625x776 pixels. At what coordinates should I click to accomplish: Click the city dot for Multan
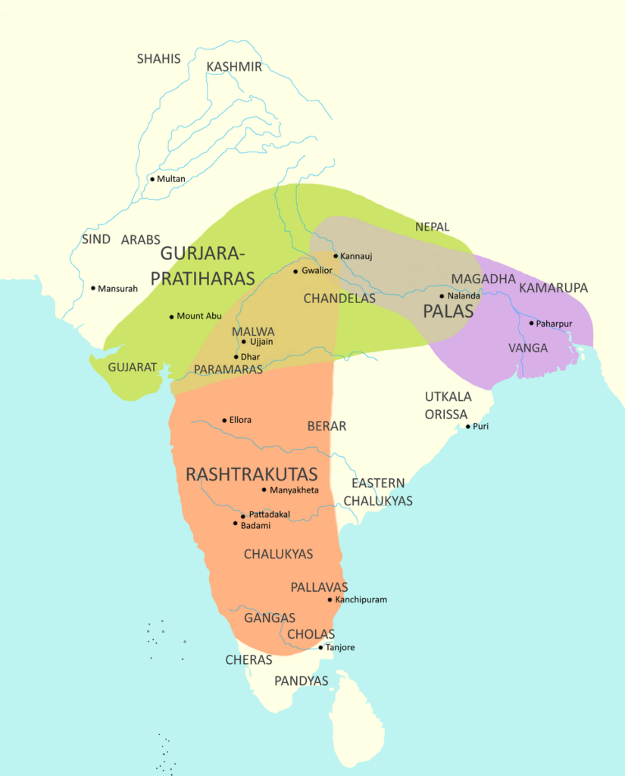pos(152,179)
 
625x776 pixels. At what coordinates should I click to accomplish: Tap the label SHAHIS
pos(159,58)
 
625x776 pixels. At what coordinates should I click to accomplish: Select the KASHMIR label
pos(234,67)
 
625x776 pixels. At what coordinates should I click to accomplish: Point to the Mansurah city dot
pos(93,288)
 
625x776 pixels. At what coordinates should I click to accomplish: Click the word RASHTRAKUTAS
pos(252,474)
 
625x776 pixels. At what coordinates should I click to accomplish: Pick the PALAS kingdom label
pos(448,311)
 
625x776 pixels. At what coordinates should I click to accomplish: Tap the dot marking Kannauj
pos(336,255)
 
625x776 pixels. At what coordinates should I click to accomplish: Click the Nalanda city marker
pos(442,296)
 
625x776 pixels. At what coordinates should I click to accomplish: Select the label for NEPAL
pos(432,227)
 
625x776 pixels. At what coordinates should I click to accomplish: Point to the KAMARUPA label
pos(553,288)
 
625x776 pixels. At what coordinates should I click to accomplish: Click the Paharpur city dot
pos(531,324)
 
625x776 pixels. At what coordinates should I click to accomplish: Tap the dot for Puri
pos(468,427)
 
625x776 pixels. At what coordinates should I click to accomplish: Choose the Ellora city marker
pos(224,420)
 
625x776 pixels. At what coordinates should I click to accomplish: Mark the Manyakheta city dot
pos(264,490)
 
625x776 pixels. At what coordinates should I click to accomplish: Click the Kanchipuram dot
pos(330,599)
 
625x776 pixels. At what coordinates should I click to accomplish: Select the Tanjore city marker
pos(320,647)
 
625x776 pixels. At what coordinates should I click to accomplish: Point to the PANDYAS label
pos(302,681)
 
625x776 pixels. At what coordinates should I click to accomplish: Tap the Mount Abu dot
pos(171,316)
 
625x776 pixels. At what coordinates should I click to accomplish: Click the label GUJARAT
pos(132,367)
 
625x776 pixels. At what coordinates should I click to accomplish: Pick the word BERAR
pos(327,426)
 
